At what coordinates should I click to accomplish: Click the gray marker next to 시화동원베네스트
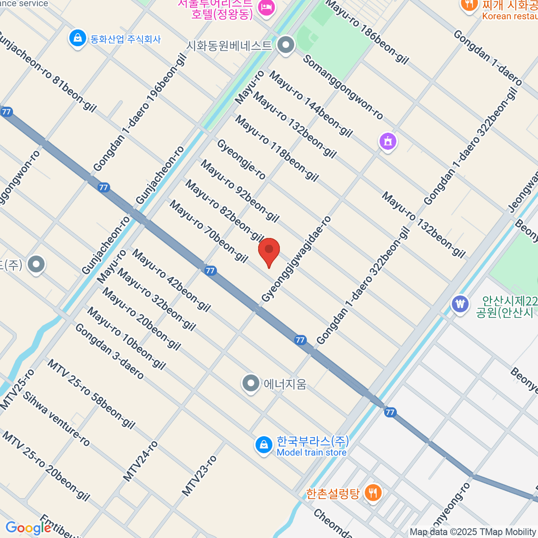(286, 45)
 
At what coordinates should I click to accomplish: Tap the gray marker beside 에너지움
(251, 384)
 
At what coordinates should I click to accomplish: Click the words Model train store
(312, 452)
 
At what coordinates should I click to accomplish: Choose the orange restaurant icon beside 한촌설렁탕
(373, 493)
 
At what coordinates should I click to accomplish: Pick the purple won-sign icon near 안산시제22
(460, 304)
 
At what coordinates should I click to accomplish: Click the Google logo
(28, 528)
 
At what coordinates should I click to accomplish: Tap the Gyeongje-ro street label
(241, 159)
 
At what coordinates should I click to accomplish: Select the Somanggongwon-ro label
(343, 87)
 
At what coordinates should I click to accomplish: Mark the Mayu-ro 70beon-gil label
(208, 231)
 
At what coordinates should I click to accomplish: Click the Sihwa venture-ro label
(56, 419)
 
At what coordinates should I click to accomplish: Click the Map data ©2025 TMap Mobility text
(473, 532)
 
